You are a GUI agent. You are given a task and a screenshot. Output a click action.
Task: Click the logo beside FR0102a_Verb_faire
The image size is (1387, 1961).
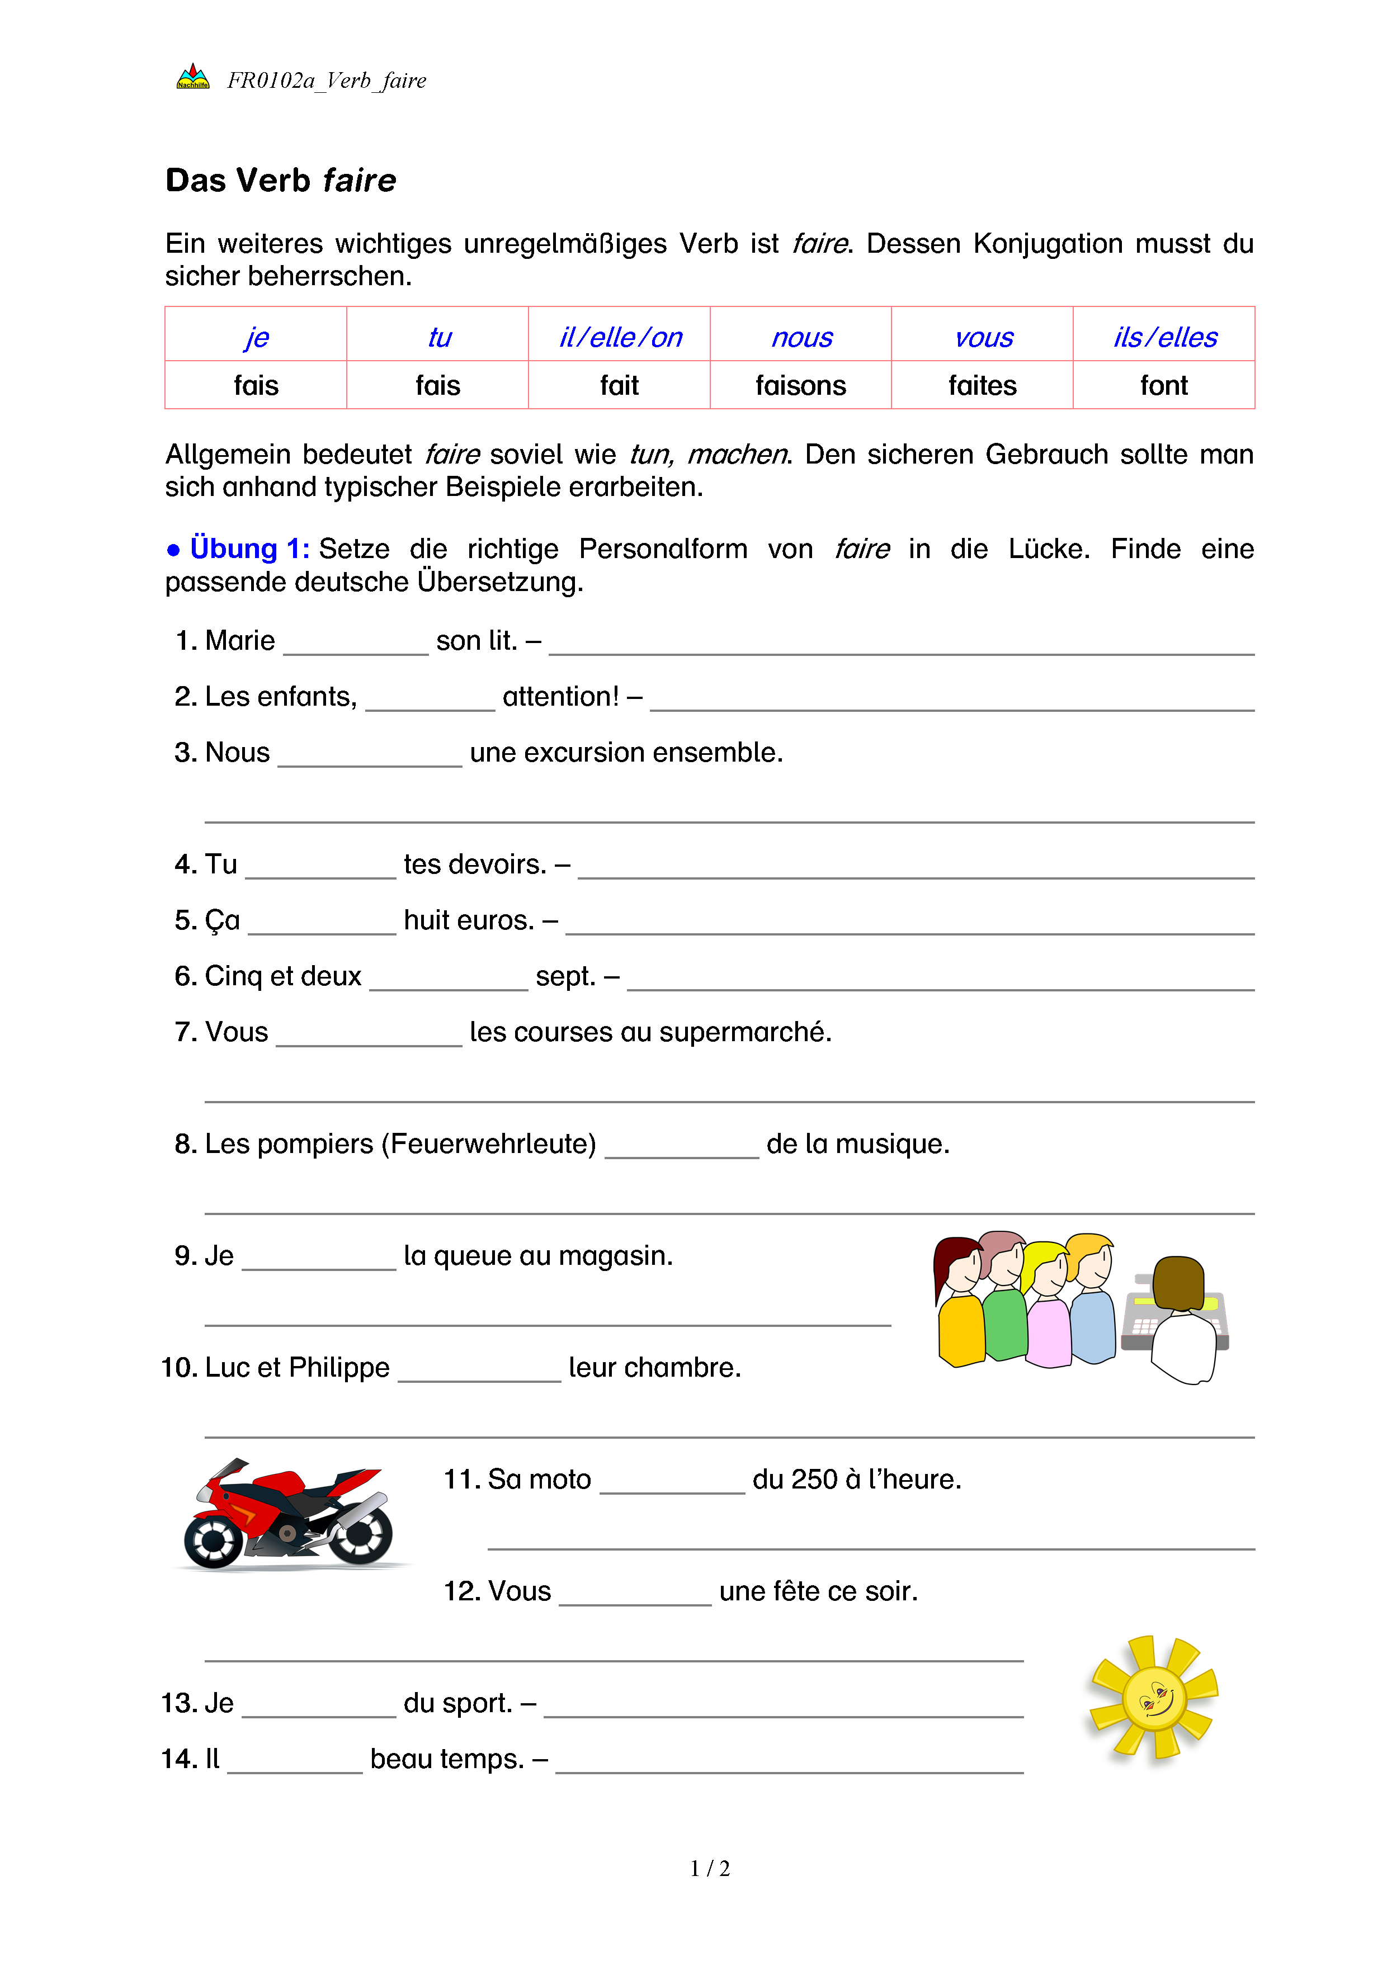pyautogui.click(x=193, y=77)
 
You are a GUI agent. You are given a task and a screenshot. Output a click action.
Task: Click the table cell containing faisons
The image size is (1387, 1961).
pyautogui.click(x=800, y=386)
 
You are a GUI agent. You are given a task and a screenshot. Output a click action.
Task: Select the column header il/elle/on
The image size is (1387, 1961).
pyautogui.click(x=620, y=337)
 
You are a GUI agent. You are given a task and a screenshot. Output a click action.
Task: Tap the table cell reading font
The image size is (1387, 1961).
pyautogui.click(x=1163, y=386)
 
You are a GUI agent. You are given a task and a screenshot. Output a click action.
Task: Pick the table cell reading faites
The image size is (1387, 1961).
pyautogui.click(x=982, y=386)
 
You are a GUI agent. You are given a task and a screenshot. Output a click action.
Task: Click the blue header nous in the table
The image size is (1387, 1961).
pyautogui.click(x=801, y=337)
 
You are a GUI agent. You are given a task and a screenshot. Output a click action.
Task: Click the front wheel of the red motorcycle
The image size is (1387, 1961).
pyautogui.click(x=212, y=1540)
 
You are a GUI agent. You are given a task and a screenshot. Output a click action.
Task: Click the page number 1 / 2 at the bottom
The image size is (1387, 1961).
pyautogui.click(x=710, y=1869)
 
